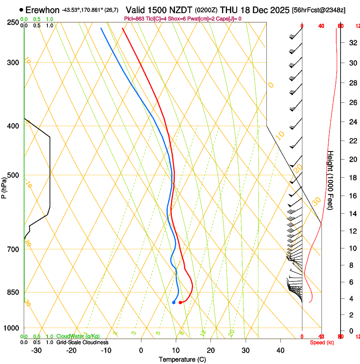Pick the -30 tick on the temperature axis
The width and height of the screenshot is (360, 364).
(x=36, y=350)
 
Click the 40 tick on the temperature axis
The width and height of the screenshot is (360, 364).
(x=280, y=350)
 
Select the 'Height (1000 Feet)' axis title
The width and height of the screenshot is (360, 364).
(x=331, y=180)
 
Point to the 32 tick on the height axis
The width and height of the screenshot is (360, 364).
(x=351, y=42)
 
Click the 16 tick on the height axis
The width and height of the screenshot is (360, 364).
(x=351, y=196)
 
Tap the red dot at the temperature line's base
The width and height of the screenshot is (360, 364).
(x=180, y=302)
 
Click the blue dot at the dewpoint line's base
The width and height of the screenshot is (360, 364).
(x=174, y=302)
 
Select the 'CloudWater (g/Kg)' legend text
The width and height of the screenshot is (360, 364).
(x=78, y=336)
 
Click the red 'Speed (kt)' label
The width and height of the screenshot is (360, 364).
(x=322, y=342)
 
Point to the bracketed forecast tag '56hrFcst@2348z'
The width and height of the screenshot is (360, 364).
(x=318, y=10)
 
